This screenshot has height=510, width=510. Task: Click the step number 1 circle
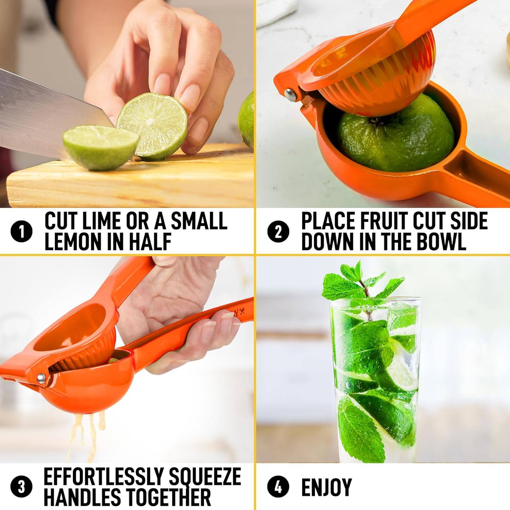point(22,232)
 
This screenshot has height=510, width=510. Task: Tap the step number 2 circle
point(278,232)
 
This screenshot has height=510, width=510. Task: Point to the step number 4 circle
point(278,487)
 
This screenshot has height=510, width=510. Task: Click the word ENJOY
point(326,487)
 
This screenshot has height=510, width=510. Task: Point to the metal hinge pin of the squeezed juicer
point(41,378)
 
